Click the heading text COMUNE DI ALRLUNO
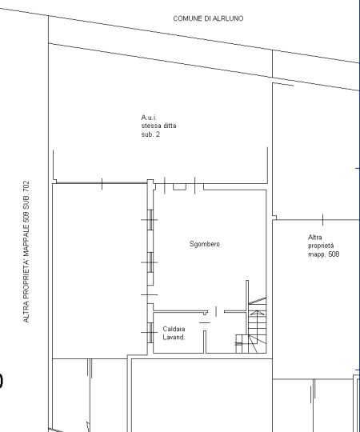tap(208, 18)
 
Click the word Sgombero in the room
tap(205, 244)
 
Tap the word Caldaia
tap(174, 329)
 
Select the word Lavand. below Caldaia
tap(174, 338)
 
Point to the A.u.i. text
tap(149, 118)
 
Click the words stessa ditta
tap(159, 126)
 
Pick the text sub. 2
tap(150, 134)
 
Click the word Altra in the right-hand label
tap(315, 238)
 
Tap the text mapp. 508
tap(324, 254)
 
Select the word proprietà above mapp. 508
tap(321, 246)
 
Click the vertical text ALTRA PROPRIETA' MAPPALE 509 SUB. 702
tap(26, 251)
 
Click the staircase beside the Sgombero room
tap(251, 325)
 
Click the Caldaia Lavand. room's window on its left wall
tap(150, 333)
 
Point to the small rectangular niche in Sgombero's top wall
tap(179, 186)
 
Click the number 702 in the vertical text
tap(26, 186)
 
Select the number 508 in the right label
tap(334, 254)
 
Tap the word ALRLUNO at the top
tap(227, 18)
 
